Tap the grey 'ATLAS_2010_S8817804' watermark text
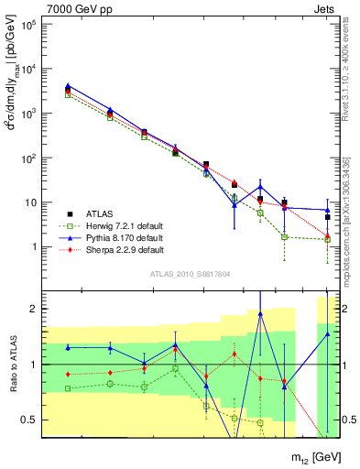(x=189, y=274)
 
